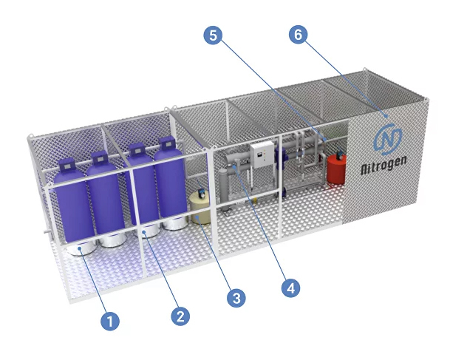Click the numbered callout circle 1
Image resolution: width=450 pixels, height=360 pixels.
(x=110, y=321)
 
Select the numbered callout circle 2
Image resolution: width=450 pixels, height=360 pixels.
(x=180, y=316)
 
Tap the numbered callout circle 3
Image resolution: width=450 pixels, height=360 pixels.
(x=236, y=298)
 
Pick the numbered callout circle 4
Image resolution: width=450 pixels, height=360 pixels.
(x=290, y=288)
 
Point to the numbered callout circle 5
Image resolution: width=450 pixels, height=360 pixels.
(x=213, y=35)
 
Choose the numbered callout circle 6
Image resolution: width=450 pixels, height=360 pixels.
(x=299, y=35)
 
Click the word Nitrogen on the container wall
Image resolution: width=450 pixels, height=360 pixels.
(x=383, y=165)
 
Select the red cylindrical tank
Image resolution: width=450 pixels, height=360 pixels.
(x=336, y=169)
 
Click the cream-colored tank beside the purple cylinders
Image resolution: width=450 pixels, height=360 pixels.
(x=200, y=207)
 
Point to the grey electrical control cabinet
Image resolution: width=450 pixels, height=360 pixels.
(x=262, y=154)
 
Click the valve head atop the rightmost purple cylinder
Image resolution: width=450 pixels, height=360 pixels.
(x=167, y=143)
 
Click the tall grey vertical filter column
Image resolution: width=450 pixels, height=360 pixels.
(x=224, y=189)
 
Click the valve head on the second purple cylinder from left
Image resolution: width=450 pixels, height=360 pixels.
(x=100, y=158)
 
